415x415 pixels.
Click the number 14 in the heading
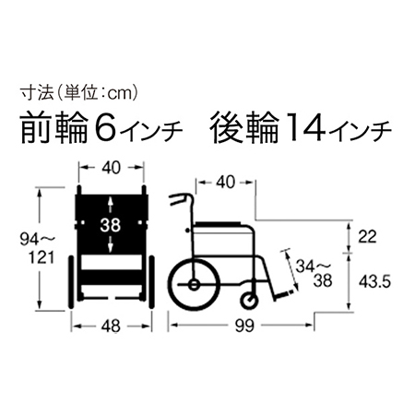coord(299,127)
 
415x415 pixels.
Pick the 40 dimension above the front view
coord(111,169)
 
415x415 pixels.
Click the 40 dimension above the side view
coord(225,184)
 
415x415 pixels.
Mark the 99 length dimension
coord(243,325)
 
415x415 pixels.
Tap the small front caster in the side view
coord(250,300)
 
